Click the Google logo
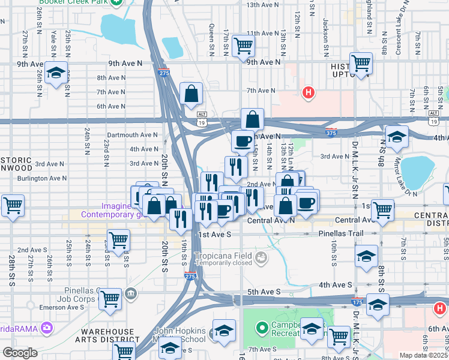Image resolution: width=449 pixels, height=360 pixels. pyautogui.click(x=20, y=353)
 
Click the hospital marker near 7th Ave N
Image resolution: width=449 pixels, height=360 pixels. pyautogui.click(x=309, y=92)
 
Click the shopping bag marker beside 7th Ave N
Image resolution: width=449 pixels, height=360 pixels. pyautogui.click(x=191, y=94)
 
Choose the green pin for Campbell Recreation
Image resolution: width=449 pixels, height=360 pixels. pyautogui.click(x=261, y=328)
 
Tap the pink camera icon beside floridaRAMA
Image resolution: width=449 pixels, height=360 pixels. pyautogui.click(x=46, y=328)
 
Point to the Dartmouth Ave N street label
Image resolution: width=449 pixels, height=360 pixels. pyautogui.click(x=132, y=135)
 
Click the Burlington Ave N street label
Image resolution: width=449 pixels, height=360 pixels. pyautogui.click(x=42, y=178)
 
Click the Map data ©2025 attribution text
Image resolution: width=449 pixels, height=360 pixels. pyautogui.click(x=424, y=355)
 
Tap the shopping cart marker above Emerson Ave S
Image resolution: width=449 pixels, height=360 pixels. pyautogui.click(x=110, y=299)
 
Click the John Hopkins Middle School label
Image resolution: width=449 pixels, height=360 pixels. pyautogui.click(x=180, y=335)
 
